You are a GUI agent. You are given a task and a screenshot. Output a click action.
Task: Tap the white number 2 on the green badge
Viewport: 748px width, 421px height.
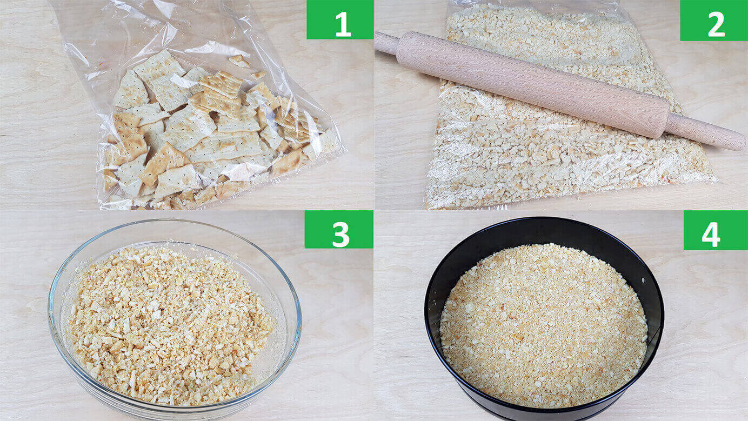coord(716,24)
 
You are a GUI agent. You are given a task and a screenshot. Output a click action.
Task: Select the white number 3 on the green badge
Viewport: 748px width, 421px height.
coord(340,234)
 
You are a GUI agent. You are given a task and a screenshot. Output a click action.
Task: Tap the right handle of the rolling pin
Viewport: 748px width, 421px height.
coord(705,132)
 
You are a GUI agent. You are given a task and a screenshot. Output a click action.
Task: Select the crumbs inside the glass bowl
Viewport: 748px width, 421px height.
coord(170,325)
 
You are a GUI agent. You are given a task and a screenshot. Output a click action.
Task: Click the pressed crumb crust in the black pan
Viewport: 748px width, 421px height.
coord(544,325)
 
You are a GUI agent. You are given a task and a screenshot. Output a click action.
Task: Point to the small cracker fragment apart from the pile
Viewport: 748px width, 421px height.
coord(239,61)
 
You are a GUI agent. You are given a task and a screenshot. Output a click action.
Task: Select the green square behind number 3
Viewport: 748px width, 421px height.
coord(339,229)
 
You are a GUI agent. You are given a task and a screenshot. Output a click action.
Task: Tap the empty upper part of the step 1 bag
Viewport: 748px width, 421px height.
coord(161,30)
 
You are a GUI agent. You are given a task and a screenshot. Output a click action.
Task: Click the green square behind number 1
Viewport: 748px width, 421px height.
coord(340,19)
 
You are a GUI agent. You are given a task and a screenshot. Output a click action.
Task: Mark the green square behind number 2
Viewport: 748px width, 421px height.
coord(714,21)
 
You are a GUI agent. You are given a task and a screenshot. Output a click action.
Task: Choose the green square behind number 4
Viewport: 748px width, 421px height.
coord(716,230)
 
